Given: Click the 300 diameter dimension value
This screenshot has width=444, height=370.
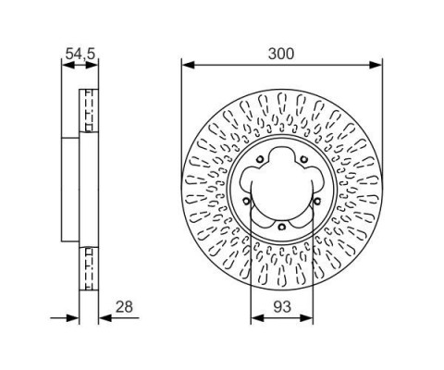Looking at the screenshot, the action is point(281,54).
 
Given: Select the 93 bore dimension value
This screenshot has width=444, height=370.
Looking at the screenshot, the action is point(282,307).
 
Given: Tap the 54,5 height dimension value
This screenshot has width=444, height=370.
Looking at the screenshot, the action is point(80,55).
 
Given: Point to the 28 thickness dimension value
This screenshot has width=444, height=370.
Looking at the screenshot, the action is point(124,307).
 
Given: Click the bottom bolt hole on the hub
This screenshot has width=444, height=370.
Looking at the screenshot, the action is point(281,228).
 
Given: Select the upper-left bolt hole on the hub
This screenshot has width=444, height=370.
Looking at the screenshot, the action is point(260,159).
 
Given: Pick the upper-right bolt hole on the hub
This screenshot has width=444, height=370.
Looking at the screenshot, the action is point(304,159).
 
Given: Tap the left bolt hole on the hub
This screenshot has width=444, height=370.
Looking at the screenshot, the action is point(246,202).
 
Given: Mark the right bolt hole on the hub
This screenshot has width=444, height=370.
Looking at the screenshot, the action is point(317,202).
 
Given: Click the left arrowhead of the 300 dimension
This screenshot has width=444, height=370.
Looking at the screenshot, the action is point(188,65).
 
